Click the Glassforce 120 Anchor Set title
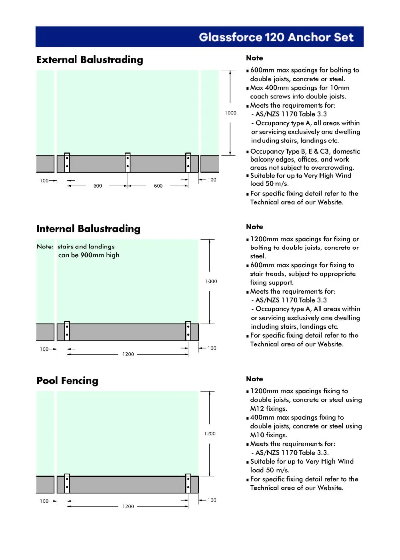276,37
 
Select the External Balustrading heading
90,60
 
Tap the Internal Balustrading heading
88,229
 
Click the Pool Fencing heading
67,381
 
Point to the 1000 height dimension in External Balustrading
231,113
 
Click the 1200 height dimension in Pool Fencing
210,434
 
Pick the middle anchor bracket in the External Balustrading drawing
128,162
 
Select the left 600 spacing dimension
98,186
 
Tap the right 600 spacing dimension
158,186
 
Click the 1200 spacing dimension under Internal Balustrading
128,354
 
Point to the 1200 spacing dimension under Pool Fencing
128,506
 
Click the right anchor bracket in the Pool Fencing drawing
188,483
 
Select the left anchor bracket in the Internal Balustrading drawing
67,331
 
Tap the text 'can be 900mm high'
89,255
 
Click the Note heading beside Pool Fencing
254,379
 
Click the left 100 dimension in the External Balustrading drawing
44,181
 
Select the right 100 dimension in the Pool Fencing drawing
212,500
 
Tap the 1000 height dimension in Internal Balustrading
211,282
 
